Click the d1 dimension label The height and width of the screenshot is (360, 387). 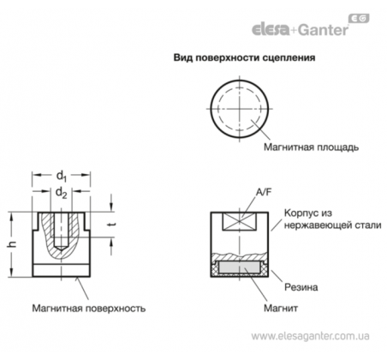click(62, 176)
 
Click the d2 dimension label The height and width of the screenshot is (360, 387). click(62, 193)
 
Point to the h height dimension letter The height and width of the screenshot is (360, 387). click(14, 244)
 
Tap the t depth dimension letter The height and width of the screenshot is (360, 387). click(112, 225)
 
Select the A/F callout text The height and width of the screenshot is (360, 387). click(264, 192)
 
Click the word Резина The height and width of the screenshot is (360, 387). click(301, 287)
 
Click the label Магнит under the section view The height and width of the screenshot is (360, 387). click(281, 309)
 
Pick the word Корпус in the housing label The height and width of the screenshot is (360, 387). click(300, 213)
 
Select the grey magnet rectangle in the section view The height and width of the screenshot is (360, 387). click(240, 267)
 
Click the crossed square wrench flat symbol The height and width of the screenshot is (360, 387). click(240, 221)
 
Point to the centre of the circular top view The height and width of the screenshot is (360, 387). click(240, 109)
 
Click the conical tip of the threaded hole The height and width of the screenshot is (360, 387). click(61, 248)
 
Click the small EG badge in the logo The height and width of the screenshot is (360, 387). click(359, 18)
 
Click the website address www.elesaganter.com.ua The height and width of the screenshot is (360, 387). click(310, 336)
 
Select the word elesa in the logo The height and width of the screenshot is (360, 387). click(271, 29)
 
